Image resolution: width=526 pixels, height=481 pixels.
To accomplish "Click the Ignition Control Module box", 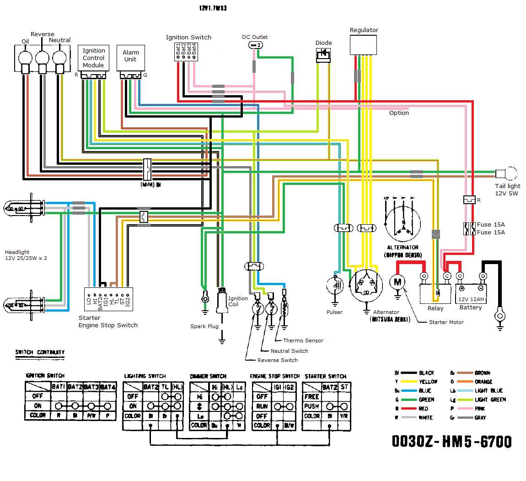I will (x=93, y=58).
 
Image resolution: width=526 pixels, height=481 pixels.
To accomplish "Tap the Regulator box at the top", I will (x=364, y=45).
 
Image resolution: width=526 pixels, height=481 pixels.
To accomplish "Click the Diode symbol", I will (x=324, y=54).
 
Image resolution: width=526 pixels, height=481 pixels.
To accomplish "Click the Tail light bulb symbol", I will (x=506, y=174).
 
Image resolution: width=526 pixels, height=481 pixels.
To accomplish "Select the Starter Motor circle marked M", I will (x=397, y=282).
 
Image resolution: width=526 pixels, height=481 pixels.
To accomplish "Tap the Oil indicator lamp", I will (x=25, y=58).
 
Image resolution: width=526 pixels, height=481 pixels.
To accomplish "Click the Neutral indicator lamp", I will (x=59, y=58).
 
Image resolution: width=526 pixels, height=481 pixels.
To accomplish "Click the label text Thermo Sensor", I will (x=303, y=340).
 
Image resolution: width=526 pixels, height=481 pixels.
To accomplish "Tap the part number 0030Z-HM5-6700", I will (x=451, y=441).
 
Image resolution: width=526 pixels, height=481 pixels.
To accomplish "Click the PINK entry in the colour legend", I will (x=480, y=409).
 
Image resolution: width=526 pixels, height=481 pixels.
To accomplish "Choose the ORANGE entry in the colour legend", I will (x=483, y=382).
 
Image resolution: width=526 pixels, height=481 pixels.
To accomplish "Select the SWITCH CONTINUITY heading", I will (x=40, y=352).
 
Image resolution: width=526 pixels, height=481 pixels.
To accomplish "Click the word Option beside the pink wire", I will (x=399, y=113).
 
